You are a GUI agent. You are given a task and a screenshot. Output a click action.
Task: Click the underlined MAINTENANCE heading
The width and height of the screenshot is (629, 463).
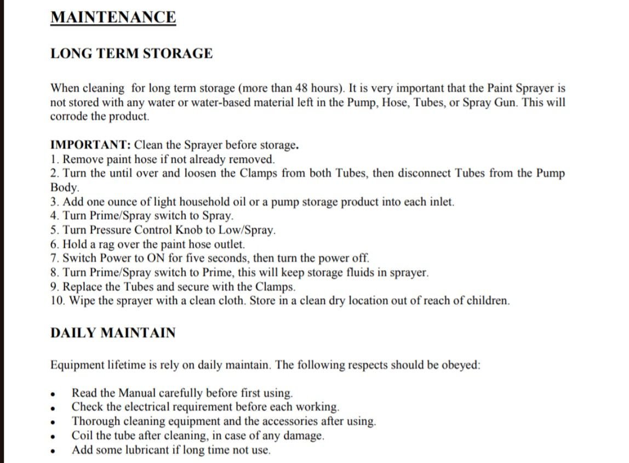tap(113, 17)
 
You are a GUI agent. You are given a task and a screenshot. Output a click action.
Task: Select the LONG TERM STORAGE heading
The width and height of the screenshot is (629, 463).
tap(131, 54)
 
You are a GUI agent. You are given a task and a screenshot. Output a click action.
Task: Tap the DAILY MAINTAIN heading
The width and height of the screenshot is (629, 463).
tap(113, 333)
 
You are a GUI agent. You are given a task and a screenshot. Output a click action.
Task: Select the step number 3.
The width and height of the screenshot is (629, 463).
tap(54, 202)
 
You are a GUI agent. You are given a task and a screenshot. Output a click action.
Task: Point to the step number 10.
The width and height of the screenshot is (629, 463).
tap(56, 301)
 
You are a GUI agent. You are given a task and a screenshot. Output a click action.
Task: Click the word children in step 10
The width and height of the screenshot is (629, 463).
tap(487, 301)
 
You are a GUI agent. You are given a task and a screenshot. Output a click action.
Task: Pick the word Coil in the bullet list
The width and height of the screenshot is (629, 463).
tap(81, 436)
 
